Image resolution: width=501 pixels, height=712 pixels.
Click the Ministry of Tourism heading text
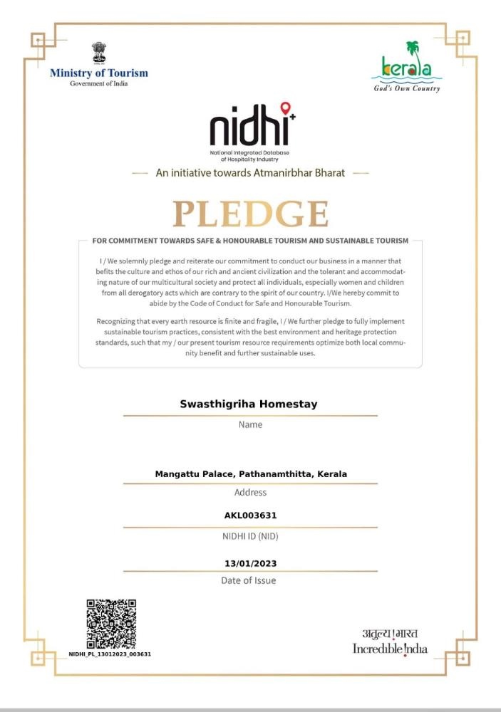(99, 73)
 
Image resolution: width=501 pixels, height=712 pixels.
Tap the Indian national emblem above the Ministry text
(98, 53)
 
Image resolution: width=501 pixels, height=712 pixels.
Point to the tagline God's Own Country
(407, 89)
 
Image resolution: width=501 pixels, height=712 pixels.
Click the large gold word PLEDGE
(250, 214)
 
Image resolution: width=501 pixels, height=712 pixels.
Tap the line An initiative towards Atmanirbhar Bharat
(251, 172)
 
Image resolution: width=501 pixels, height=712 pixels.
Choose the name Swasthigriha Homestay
(249, 404)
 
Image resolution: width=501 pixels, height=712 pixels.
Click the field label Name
(250, 424)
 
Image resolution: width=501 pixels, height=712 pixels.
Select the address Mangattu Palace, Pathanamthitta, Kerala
(251, 473)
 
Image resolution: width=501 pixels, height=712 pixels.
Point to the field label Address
(250, 492)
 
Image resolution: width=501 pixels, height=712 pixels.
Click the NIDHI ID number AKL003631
(250, 515)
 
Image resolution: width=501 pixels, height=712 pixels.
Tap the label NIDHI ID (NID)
(250, 535)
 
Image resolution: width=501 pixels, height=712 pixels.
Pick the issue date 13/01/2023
(250, 563)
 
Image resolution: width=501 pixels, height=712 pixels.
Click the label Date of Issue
(249, 580)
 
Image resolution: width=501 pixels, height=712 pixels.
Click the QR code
(111, 624)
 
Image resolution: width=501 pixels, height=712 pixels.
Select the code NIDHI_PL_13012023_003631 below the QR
(110, 654)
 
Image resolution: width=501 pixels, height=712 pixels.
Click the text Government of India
(98, 84)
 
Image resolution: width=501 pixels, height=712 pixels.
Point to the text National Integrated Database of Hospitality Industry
(249, 157)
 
